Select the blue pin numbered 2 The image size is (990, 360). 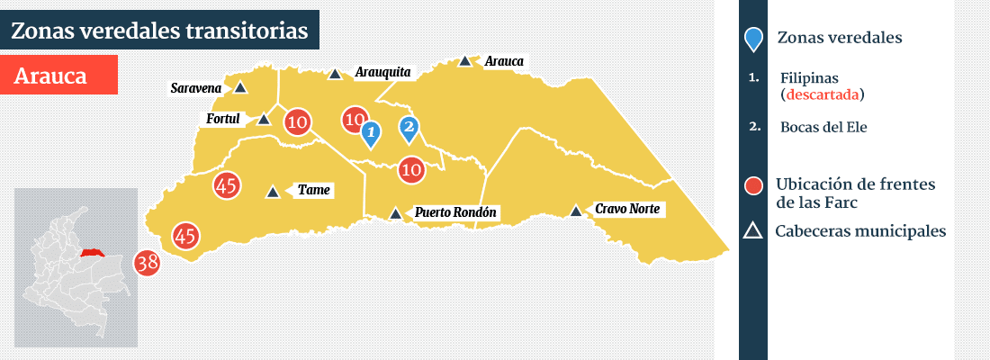[x=409, y=129]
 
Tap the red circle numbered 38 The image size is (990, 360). [x=147, y=263]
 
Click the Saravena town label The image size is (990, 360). [x=195, y=88]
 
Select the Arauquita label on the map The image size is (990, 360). [x=382, y=71]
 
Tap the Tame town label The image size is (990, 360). [x=314, y=190]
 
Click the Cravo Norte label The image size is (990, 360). [x=627, y=209]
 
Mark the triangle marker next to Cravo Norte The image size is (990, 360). [x=576, y=211]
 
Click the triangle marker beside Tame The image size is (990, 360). [x=273, y=192]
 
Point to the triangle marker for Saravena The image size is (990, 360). [x=240, y=88]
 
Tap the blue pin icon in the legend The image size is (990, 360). [x=754, y=39]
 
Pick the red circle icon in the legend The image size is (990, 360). [x=755, y=185]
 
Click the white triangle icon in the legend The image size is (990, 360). [x=754, y=231]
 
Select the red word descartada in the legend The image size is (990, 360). [x=822, y=94]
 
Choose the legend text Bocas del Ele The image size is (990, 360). [x=823, y=127]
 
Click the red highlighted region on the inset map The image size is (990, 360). [x=91, y=254]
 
